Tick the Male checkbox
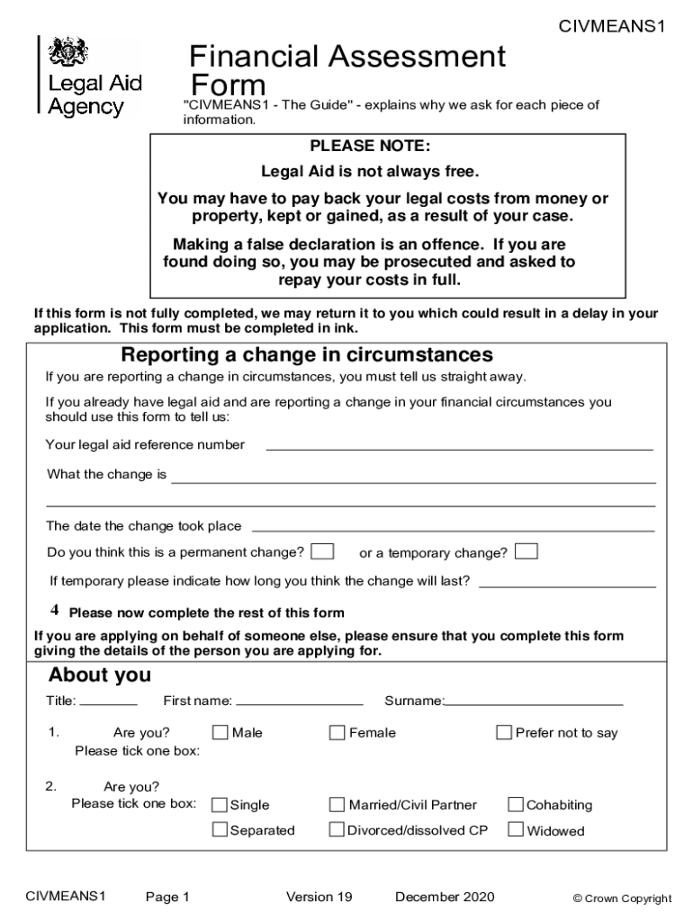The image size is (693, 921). pos(220,732)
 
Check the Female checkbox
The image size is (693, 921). pos(337,732)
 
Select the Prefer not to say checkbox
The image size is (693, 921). pos(504,732)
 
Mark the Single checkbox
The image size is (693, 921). pos(219,804)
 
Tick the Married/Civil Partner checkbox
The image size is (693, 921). pos(337,804)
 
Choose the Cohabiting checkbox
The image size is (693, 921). pos(516,804)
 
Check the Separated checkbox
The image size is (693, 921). pos(219,829)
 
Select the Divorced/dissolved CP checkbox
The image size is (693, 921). pos(337,829)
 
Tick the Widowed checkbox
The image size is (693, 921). pos(516,829)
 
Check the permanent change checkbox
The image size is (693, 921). pos(323,550)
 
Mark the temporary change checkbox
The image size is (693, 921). pos(526,550)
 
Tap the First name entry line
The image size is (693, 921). pos(299,702)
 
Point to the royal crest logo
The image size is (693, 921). pos(67,53)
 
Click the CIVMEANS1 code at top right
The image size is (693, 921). pos(611,27)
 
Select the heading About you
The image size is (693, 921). pos(100,675)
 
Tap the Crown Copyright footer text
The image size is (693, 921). pos(622,898)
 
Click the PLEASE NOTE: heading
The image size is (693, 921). pos(370,146)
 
